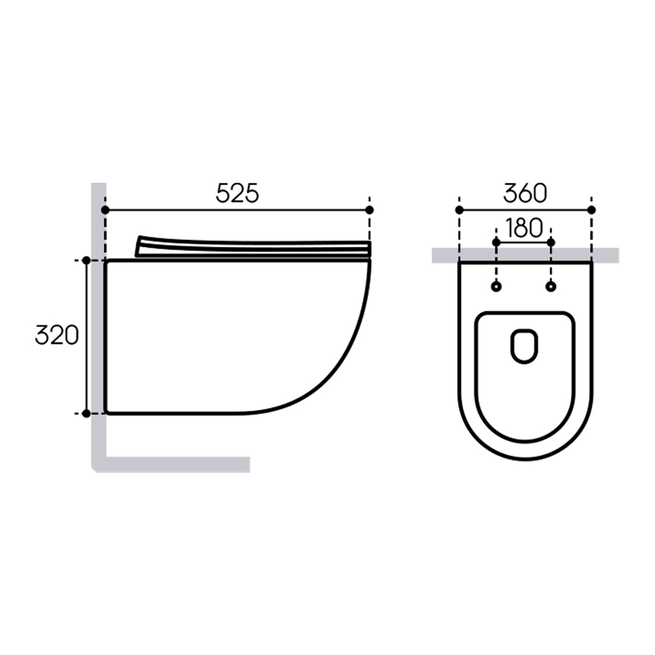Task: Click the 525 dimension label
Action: point(237,193)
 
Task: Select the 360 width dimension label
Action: point(525,193)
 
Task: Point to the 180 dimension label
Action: point(524,228)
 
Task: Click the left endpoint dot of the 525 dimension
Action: point(105,210)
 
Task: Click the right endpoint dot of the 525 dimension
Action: point(369,210)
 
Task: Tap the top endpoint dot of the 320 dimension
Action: point(86,260)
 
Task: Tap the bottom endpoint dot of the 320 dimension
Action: point(86,413)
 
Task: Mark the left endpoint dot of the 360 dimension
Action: point(460,210)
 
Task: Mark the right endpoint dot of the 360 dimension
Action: point(591,210)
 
